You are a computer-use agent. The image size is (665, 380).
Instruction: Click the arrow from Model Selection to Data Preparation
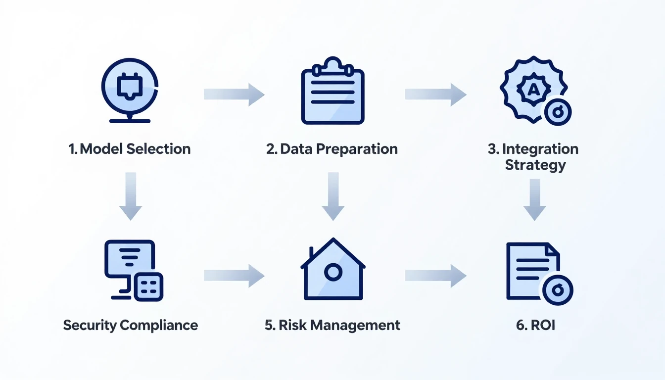click(234, 95)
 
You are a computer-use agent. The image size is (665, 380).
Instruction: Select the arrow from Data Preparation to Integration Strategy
click(435, 95)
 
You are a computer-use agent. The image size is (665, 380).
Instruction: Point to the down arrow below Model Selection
click(131, 196)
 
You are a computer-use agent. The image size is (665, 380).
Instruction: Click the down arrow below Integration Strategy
click(534, 199)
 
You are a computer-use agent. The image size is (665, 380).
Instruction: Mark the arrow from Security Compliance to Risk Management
click(234, 276)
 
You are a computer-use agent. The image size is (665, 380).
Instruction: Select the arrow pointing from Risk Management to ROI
click(435, 276)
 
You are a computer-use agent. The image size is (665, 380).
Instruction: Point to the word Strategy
click(535, 165)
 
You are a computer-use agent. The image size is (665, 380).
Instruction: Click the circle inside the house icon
click(333, 272)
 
